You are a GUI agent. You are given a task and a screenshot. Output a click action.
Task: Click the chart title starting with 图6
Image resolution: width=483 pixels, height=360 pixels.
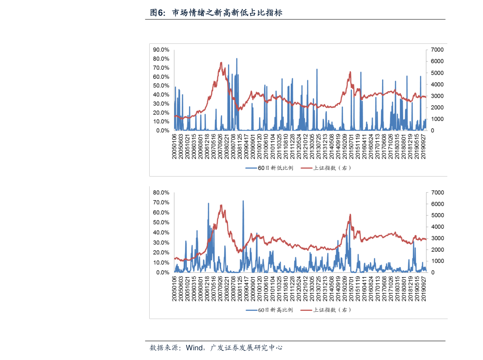pos(216,13)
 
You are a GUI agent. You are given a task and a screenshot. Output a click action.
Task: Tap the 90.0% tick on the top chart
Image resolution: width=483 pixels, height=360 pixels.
pos(161,50)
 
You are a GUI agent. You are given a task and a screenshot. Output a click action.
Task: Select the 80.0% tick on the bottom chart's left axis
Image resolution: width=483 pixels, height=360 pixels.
pos(161,192)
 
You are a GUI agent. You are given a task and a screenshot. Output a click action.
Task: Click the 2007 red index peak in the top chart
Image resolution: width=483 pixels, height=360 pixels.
pos(221,63)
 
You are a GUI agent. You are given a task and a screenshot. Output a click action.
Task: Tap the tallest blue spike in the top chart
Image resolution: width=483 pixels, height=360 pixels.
pos(237,59)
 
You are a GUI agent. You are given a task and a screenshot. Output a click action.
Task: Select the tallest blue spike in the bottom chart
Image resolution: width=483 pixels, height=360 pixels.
pos(243,201)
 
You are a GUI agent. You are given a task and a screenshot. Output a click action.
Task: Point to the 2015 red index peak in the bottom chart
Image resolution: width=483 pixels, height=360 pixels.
pos(350,215)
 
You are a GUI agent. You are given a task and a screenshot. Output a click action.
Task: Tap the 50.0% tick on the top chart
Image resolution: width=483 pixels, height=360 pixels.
pos(161,86)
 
